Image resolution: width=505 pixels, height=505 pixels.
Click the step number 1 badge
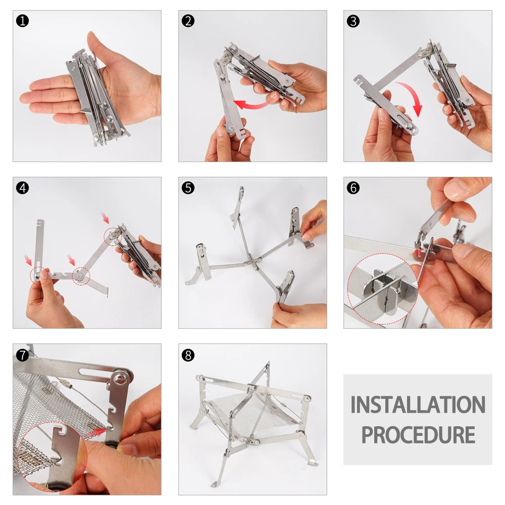tap(23, 21)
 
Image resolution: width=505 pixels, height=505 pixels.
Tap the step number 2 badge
tap(188, 21)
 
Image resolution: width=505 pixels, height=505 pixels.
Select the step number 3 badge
tap(353, 21)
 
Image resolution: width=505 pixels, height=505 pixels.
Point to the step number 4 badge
tap(23, 188)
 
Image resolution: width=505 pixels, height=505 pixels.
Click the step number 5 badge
tap(188, 188)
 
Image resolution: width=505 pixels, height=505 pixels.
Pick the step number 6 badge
tap(353, 188)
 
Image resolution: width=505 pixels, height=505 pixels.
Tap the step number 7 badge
tap(23, 355)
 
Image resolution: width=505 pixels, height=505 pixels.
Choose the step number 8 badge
tap(188, 355)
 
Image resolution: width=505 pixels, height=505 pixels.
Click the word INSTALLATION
tap(418, 405)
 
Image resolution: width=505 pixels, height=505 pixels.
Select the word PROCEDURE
tap(418, 435)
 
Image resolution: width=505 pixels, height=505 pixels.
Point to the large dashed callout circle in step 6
tap(347, 289)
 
